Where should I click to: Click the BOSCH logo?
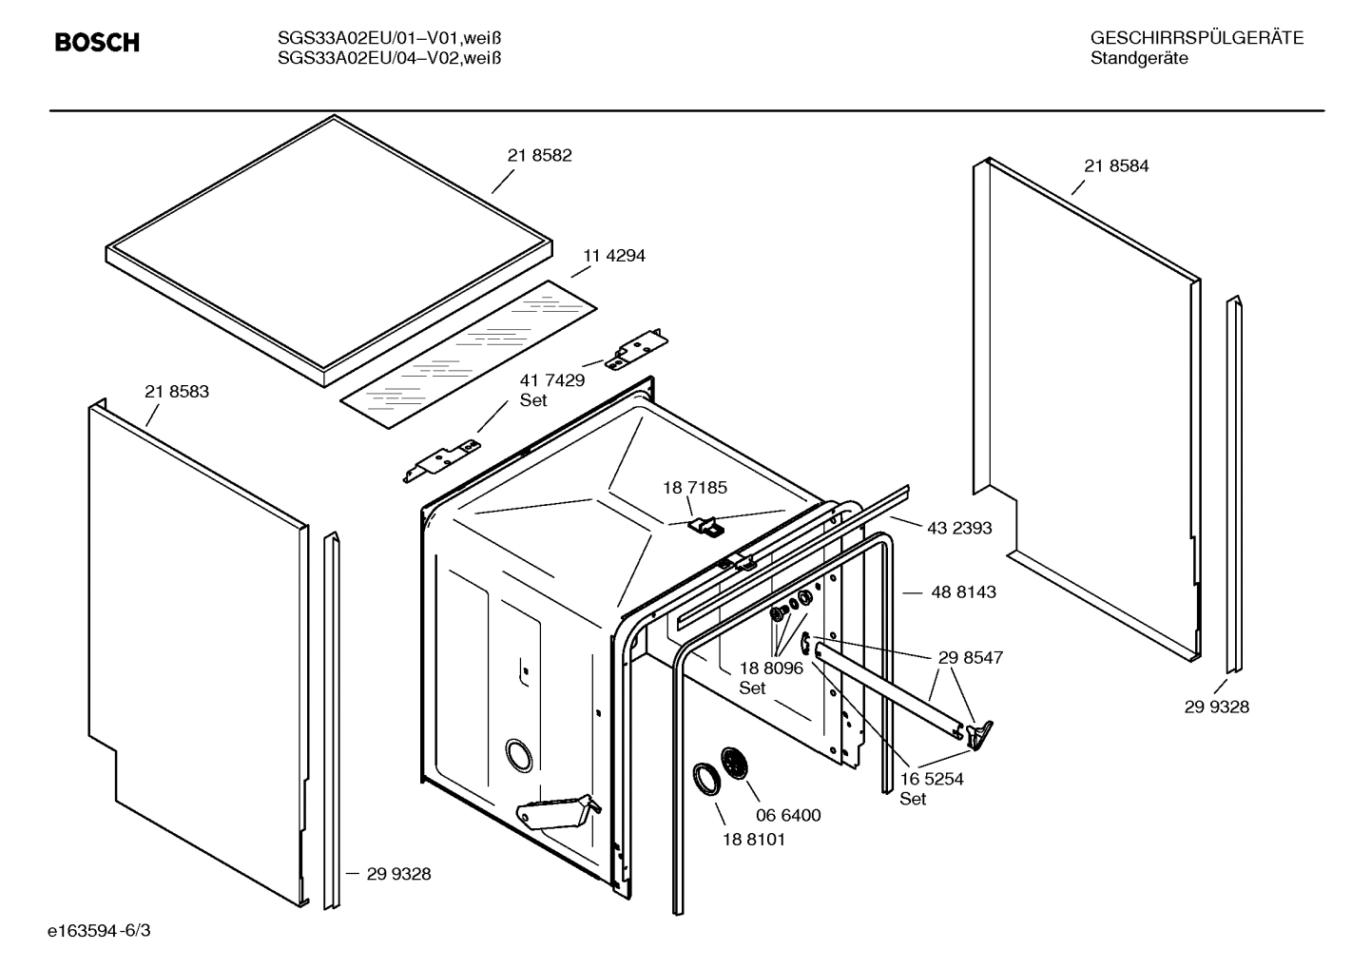tap(97, 43)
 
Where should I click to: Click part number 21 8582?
tap(539, 156)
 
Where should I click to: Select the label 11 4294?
tap(613, 256)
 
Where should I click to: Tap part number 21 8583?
tap(177, 392)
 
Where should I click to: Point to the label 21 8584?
tap(1116, 166)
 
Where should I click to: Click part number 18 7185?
tap(695, 488)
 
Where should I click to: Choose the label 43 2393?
tap(959, 528)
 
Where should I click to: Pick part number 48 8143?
tap(963, 592)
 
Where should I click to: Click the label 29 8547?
tap(970, 657)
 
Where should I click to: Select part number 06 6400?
tap(788, 815)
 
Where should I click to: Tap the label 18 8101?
tap(754, 840)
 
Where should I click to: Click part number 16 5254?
tap(932, 779)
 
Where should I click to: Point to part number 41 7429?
tap(551, 380)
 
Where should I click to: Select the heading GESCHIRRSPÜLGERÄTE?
tap(1196, 39)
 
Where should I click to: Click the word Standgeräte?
tap(1138, 59)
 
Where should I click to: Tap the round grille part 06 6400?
tap(735, 763)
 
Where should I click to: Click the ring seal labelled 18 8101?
tap(705, 778)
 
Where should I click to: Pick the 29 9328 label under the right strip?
tap(1216, 707)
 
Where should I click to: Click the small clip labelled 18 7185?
tap(705, 525)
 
